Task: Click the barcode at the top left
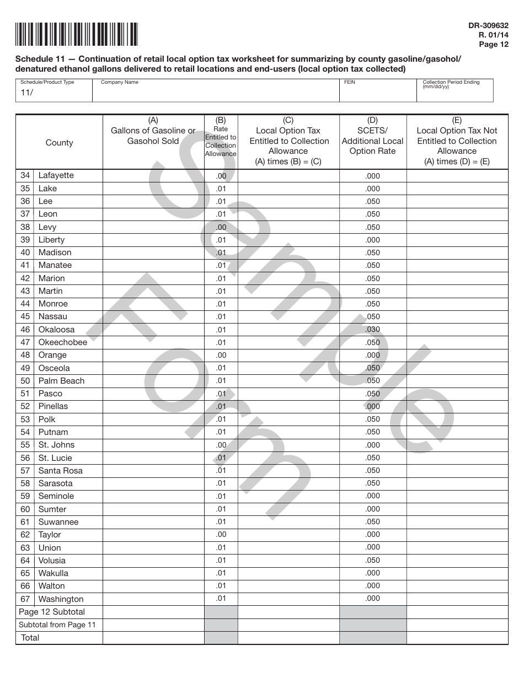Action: [77, 34]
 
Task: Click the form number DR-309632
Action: [488, 25]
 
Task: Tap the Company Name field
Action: [215, 92]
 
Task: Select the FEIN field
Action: [377, 92]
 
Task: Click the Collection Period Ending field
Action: [455, 92]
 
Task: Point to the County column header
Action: [59, 143]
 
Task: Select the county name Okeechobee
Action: [62, 342]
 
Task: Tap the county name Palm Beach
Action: [61, 381]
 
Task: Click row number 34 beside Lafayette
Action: [25, 175]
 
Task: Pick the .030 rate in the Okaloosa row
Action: [372, 330]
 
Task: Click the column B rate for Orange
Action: [221, 356]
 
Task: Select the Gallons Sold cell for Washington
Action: [153, 599]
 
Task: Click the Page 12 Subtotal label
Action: [52, 612]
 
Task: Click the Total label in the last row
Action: [30, 638]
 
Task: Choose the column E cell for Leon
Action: [457, 214]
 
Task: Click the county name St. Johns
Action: [56, 445]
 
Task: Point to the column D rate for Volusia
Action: [372, 561]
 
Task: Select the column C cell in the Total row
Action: [288, 638]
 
